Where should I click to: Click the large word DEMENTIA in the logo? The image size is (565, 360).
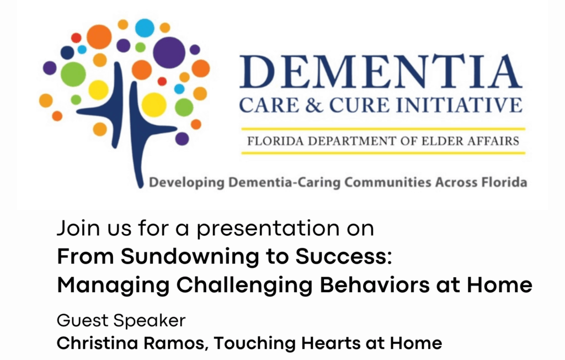[x=381, y=72]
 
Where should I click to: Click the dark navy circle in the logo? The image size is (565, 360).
[x=67, y=52]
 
